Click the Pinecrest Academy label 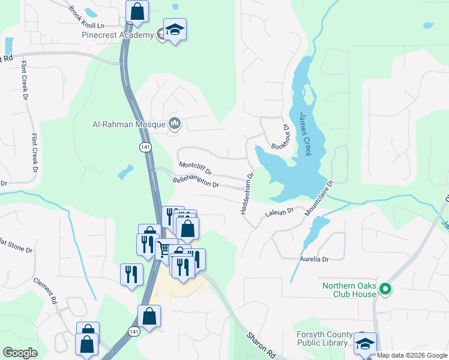(x=118, y=35)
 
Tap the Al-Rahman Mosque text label (x=128, y=125)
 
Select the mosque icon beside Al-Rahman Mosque (x=175, y=124)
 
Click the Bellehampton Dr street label (x=196, y=181)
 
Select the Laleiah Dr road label (x=280, y=212)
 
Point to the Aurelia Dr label (x=315, y=259)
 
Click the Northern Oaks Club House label (x=349, y=290)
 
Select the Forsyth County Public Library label (x=325, y=339)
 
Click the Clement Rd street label (x=45, y=290)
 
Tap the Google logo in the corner (x=20, y=353)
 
